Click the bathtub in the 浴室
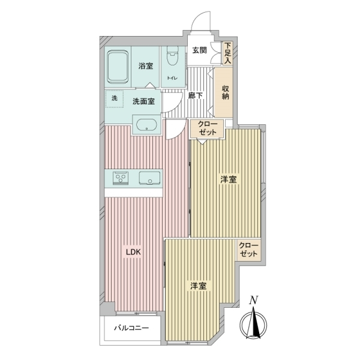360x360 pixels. point(118,67)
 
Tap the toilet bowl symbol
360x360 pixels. point(172,56)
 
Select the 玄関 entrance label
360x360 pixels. point(199,50)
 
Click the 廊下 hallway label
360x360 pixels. point(196,95)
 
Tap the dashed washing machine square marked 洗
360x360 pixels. point(115,99)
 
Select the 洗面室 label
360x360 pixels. point(143,101)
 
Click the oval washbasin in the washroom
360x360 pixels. point(147,125)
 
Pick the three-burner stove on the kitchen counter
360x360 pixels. point(121,178)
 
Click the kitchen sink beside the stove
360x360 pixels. point(149,178)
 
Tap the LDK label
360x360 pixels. point(133,253)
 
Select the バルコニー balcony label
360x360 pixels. point(131,328)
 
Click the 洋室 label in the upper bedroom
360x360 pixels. point(228,179)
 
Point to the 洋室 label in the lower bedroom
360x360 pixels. point(199,286)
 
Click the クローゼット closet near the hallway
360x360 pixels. point(208,129)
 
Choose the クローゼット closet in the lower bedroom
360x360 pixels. point(249,250)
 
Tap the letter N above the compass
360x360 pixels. point(253,300)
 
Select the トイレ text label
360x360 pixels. point(172,78)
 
